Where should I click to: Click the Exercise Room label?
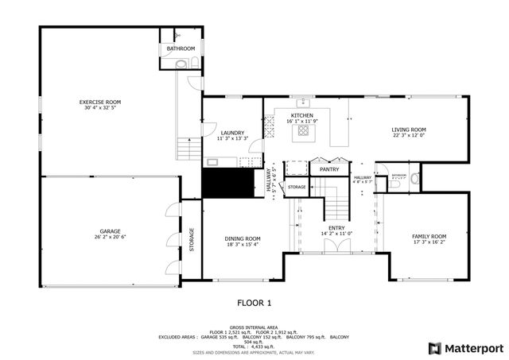tap(99, 103)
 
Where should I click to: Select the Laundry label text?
tap(232, 133)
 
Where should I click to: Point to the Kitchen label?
tap(301, 116)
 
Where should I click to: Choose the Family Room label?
tap(429, 236)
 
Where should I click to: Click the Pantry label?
tap(329, 169)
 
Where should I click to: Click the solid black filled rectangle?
tap(223, 184)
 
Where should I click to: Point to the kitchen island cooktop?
tap(302, 133)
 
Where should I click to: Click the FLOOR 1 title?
tap(254, 303)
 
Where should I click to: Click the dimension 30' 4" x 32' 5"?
tap(99, 108)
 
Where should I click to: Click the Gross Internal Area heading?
tap(254, 327)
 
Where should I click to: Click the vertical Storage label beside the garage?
tap(192, 240)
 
